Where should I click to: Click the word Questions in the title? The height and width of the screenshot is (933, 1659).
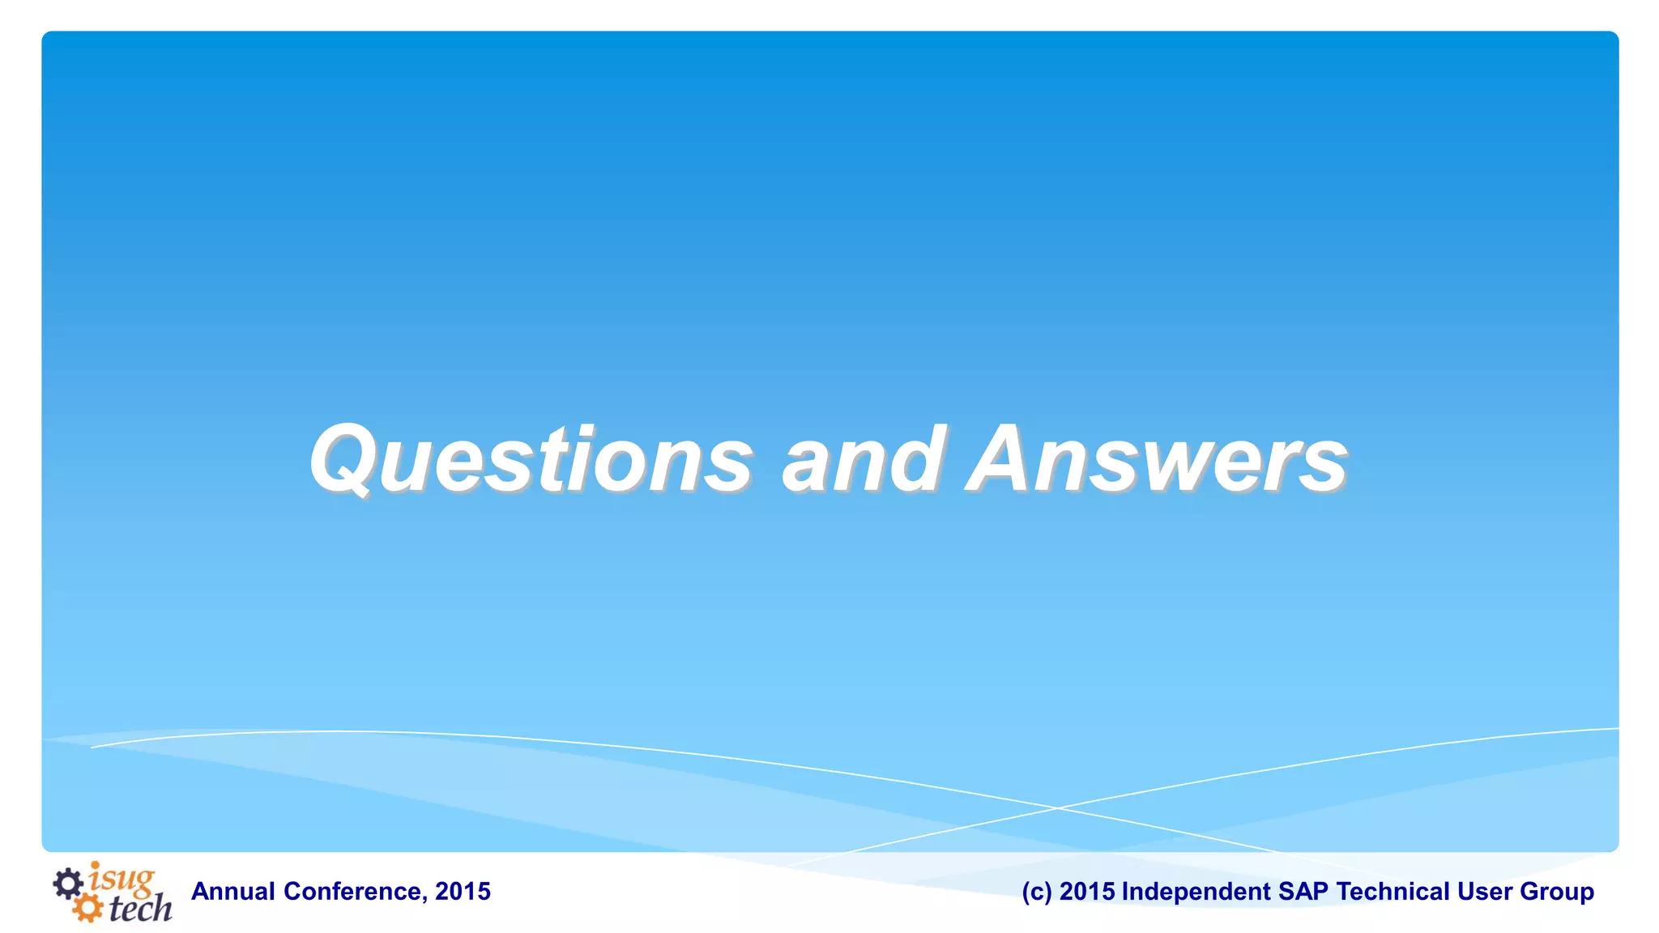pos(531,459)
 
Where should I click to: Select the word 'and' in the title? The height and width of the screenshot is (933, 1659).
pos(862,459)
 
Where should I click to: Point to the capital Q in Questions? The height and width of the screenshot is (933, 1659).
pos(343,459)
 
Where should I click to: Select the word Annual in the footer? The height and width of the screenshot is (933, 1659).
pos(233,892)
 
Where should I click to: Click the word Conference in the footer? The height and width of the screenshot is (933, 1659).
pos(352,892)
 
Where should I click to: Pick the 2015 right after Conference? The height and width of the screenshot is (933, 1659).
pos(463,892)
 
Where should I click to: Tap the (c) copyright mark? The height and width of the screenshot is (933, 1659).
pos(1037,892)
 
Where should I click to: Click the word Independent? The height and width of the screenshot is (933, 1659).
pos(1196,892)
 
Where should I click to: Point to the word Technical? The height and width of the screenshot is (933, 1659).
pos(1393,892)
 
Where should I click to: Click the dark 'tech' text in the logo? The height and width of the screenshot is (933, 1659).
pos(140,909)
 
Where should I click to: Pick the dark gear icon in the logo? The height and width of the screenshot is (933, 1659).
pos(68,883)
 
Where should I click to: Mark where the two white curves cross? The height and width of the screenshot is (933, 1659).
pos(1058,807)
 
